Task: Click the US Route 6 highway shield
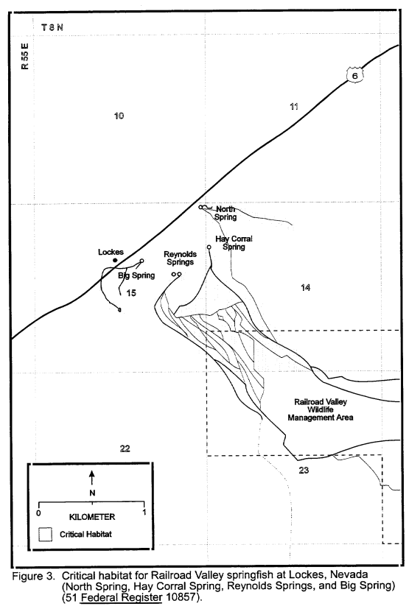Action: pos(354,75)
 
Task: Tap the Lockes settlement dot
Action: pos(115,260)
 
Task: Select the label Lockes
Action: pos(111,252)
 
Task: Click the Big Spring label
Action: pos(136,275)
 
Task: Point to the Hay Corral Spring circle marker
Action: pos(209,247)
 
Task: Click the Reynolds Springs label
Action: pos(180,258)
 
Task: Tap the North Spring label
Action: pos(226,213)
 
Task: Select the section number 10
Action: pos(119,116)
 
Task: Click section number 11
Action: pos(294,107)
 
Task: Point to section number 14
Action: pos(305,287)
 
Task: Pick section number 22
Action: pos(125,448)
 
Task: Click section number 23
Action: pos(304,471)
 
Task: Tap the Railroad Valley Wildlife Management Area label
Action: pos(321,409)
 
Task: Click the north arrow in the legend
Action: pos(92,477)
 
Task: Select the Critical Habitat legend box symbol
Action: pos(46,535)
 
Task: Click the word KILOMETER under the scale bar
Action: pos(92,517)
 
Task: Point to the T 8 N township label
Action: pos(52,27)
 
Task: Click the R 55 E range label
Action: pos(25,56)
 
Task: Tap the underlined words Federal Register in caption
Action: pos(121,597)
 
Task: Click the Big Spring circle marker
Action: pos(141,261)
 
